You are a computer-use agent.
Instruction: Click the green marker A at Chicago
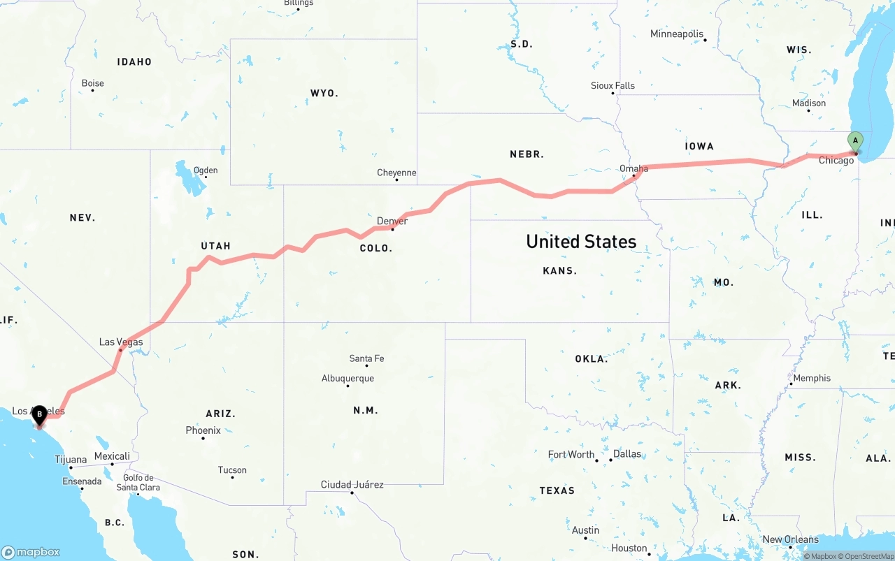pos(855,141)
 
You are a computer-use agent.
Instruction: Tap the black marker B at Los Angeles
pos(39,414)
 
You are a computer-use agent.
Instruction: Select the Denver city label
pos(392,221)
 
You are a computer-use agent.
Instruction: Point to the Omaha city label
pos(633,168)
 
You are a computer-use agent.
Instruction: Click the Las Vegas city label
pos(121,342)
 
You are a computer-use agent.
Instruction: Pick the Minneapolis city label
pos(677,34)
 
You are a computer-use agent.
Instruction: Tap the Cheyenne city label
pos(396,173)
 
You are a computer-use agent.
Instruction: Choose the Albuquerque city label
pos(348,379)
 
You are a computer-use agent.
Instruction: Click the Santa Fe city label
pos(366,358)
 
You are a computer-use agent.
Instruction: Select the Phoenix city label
pos(203,430)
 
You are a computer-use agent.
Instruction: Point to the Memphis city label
pos(812,378)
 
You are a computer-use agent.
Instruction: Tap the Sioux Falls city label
pos(613,86)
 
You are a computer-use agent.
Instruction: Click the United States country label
pos(581,242)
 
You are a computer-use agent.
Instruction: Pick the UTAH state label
pos(215,246)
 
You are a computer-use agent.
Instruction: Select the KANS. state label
pos(560,270)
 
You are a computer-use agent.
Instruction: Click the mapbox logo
pos(31,552)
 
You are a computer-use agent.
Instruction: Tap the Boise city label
pos(93,83)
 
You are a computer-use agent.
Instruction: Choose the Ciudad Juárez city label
pos(352,485)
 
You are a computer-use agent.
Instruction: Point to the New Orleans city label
pos(790,539)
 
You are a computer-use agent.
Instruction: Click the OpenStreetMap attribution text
pos(868,556)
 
